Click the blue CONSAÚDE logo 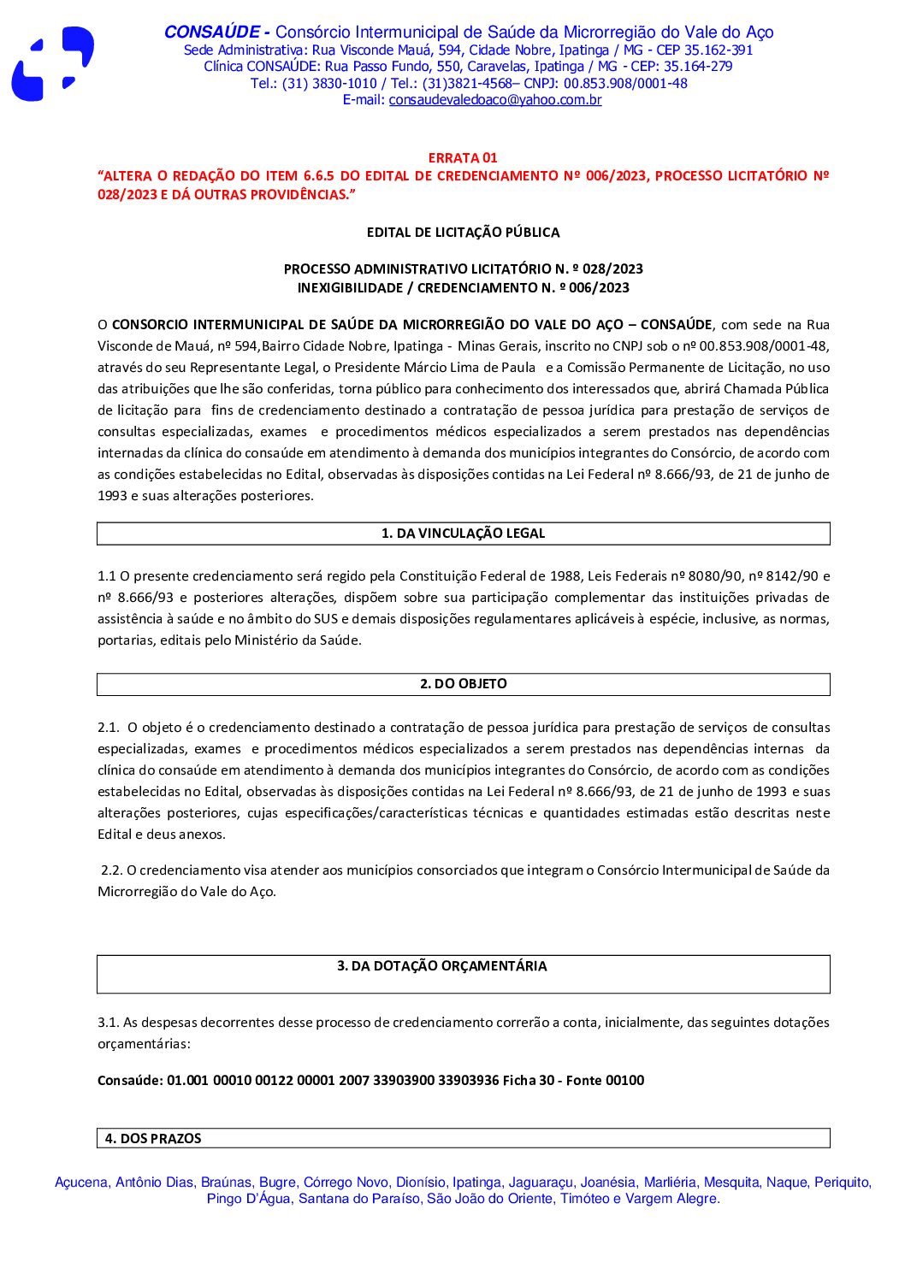tap(52, 65)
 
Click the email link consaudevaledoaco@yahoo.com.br tap(494, 100)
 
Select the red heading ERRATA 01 tap(463, 157)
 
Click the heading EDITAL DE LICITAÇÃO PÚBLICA tap(463, 232)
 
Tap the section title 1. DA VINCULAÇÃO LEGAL tap(463, 534)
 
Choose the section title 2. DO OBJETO tap(463, 684)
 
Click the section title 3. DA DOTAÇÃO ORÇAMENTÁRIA tap(441, 966)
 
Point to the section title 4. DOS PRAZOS tap(153, 1138)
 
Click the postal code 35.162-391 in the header tap(719, 50)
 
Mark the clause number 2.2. tap(111, 870)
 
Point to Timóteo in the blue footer tap(583, 1199)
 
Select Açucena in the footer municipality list tap(81, 1183)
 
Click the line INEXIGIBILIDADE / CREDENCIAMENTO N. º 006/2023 tap(463, 288)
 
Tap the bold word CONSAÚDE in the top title tap(211, 32)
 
